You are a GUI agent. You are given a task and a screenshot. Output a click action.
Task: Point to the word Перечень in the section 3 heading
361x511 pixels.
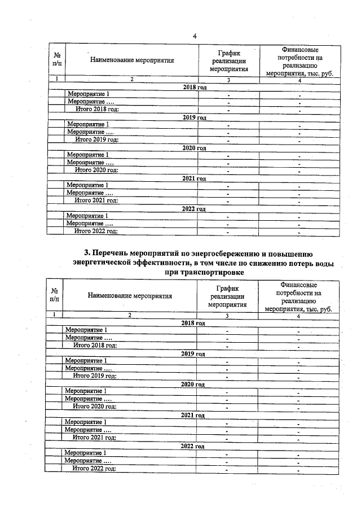[x=115, y=253]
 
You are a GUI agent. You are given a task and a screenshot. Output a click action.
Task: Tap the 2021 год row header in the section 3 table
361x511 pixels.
[x=193, y=414]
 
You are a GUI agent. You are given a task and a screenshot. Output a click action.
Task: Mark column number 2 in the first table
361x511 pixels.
[x=131, y=80]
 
